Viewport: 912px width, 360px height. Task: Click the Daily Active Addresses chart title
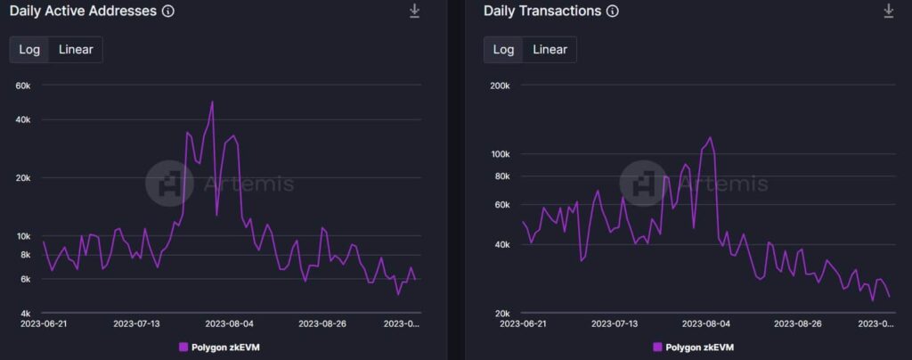(83, 12)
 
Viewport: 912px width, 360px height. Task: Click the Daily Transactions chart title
(542, 12)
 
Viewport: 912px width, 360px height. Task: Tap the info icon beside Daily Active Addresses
(168, 12)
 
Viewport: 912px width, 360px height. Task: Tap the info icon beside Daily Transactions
(612, 12)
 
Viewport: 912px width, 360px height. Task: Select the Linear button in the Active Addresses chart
(76, 49)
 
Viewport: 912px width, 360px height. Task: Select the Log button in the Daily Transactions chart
(504, 49)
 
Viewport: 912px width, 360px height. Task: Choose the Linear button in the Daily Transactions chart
(550, 49)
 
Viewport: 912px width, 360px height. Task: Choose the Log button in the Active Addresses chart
(29, 49)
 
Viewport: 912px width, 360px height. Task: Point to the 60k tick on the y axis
(22, 86)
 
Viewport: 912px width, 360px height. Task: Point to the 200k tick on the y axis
(499, 86)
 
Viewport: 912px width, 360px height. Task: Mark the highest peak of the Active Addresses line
(212, 102)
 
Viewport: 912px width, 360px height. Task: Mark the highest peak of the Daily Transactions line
(711, 137)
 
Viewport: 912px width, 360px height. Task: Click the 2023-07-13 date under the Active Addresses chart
(136, 324)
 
